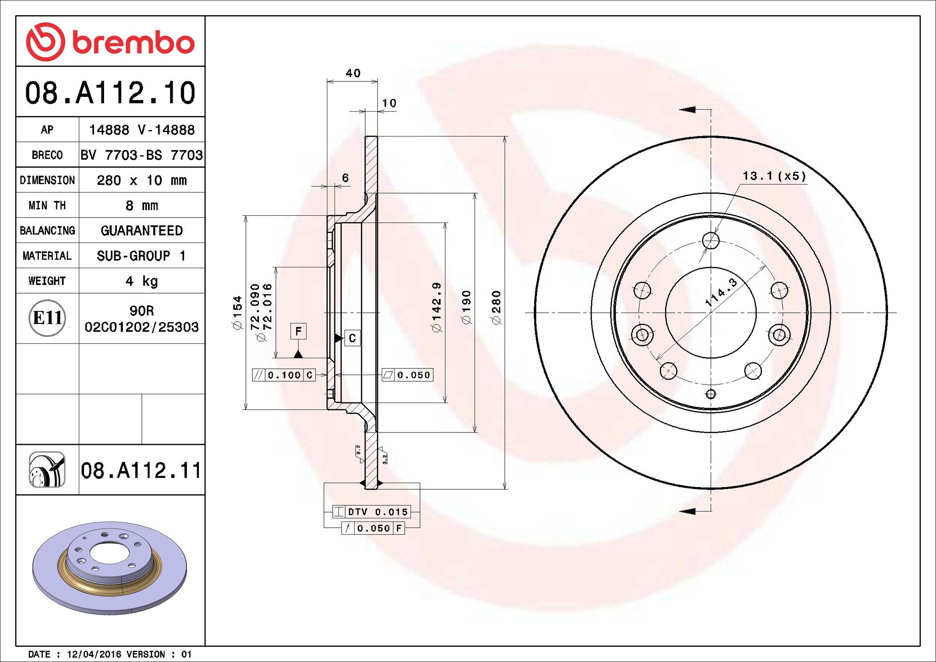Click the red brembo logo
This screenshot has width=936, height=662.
click(x=110, y=42)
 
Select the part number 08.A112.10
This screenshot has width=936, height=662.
click(x=110, y=93)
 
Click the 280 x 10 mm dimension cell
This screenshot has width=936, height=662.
click(x=141, y=180)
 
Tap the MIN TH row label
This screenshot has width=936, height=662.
click(x=47, y=206)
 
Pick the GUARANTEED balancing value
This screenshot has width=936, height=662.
click(x=141, y=230)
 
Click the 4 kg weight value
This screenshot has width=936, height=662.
click(x=141, y=281)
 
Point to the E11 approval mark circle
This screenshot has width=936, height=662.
click(x=47, y=318)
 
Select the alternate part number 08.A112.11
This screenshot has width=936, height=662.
click(x=141, y=470)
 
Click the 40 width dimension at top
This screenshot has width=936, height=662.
click(x=353, y=73)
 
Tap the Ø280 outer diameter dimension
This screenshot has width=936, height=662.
click(x=496, y=307)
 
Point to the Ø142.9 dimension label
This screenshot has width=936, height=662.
click(x=436, y=307)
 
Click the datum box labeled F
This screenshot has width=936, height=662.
click(x=298, y=331)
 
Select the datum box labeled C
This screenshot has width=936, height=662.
click(x=352, y=338)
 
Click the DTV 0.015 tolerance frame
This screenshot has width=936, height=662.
click(x=371, y=512)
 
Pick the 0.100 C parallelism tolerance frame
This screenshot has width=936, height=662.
click(x=284, y=375)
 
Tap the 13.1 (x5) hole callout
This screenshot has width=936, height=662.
click(x=774, y=176)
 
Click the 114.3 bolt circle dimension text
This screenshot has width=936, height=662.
click(x=721, y=292)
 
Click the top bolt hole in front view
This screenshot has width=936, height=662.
click(x=711, y=241)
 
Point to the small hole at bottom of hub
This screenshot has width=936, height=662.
click(x=711, y=394)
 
